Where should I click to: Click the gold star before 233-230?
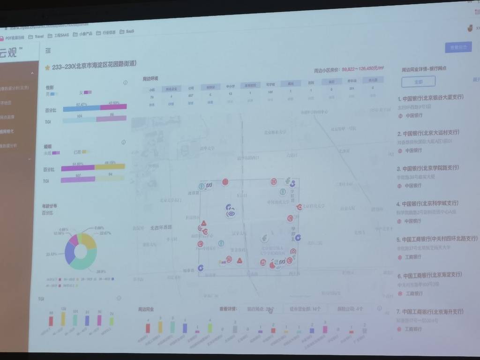pos(47,67)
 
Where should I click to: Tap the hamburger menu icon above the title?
pos(48,50)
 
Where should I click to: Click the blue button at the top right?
pos(458,47)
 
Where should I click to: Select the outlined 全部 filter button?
pos(418,82)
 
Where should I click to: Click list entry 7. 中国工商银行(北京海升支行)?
pos(433,311)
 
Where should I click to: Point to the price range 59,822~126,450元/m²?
pos(362,69)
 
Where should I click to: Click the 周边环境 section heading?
pos(150,79)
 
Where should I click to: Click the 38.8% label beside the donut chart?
pos(100,271)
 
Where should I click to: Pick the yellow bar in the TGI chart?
pos(62,319)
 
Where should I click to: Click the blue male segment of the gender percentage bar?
pos(81,108)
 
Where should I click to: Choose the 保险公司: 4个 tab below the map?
pos(352,309)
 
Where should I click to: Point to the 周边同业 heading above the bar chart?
pos(146,309)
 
